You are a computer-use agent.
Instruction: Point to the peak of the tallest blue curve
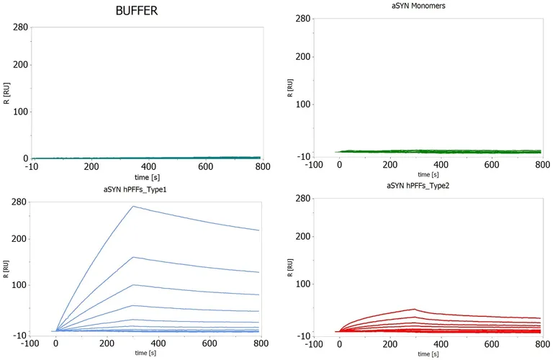(133, 207)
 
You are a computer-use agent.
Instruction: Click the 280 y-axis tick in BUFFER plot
(19, 27)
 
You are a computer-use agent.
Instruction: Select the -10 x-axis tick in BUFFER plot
(32, 166)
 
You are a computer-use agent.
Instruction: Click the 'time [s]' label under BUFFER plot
(147, 176)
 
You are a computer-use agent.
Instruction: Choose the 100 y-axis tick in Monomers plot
(304, 104)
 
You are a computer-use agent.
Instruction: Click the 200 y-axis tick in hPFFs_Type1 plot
(19, 239)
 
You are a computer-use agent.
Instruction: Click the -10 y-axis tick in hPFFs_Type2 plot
(304, 336)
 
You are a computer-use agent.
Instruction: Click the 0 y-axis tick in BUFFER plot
(25, 158)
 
